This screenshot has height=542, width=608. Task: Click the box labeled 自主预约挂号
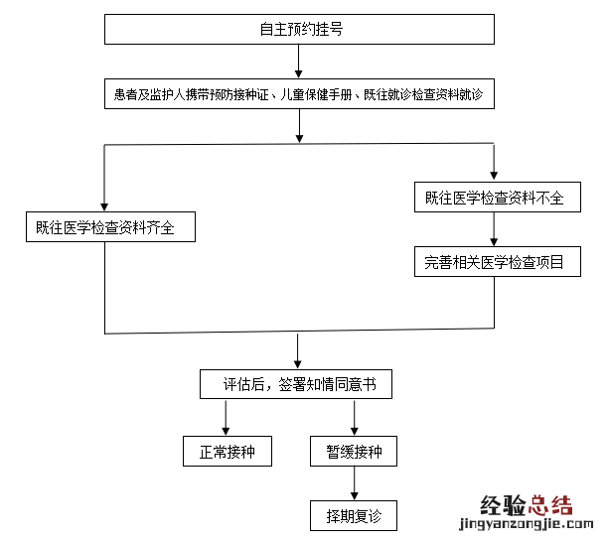point(299,30)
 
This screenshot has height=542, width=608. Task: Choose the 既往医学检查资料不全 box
point(494,198)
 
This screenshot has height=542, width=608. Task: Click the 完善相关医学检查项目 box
point(494,263)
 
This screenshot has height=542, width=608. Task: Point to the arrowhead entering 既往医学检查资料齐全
point(104,204)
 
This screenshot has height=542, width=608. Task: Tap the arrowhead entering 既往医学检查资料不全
point(494,174)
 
